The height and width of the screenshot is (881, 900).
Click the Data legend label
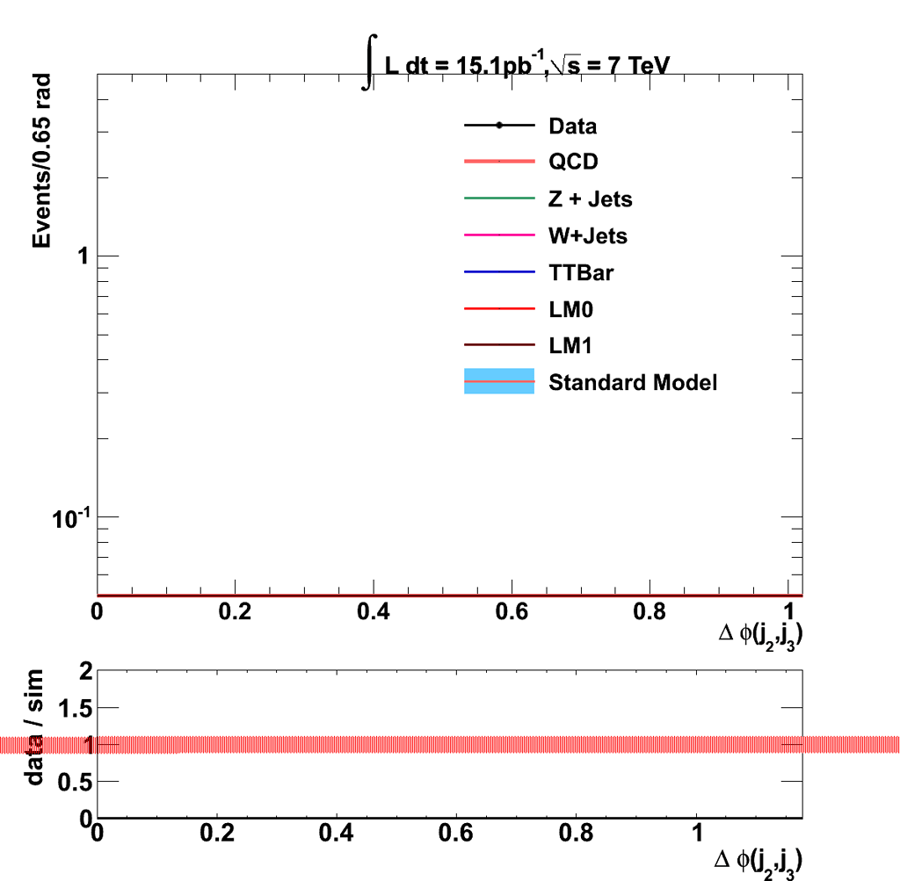(x=572, y=126)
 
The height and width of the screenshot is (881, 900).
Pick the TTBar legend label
(x=581, y=273)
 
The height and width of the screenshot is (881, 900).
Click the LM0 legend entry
(x=569, y=309)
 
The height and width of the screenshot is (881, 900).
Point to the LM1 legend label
(x=569, y=346)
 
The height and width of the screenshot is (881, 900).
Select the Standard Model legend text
(x=633, y=383)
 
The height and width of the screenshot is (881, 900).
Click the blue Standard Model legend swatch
(x=499, y=382)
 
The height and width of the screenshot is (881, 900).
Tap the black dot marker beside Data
(x=499, y=126)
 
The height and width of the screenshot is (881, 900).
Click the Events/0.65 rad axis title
(x=42, y=161)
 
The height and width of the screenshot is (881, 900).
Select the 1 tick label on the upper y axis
(x=83, y=256)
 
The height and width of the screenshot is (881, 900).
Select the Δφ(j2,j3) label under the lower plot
(x=760, y=859)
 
